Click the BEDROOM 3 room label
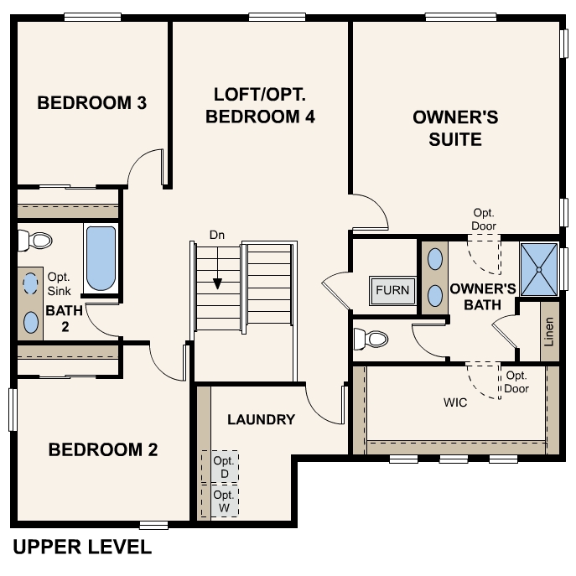[92, 103]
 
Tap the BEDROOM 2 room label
[103, 450]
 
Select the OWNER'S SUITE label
[455, 127]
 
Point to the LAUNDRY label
[261, 419]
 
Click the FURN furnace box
[392, 291]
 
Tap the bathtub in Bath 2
[101, 258]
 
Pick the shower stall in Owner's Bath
[538, 269]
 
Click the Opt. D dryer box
[221, 468]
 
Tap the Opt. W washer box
[221, 501]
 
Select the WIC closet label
[455, 402]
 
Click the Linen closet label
[549, 333]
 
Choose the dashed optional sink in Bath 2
[31, 283]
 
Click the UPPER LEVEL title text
[82, 547]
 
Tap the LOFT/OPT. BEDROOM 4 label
[260, 105]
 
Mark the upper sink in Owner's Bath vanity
[435, 259]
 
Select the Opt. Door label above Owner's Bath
[484, 220]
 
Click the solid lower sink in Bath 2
[31, 321]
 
